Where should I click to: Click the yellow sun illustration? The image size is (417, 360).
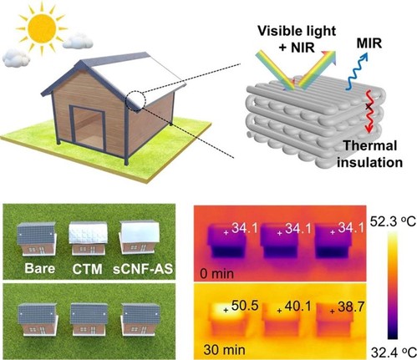41,28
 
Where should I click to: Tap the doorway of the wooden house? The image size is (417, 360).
88,126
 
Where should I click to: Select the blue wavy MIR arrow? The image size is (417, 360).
357,71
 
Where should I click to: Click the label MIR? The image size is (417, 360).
369,43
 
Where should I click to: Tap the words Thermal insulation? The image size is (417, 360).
369,154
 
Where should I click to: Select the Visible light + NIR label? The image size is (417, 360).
297,39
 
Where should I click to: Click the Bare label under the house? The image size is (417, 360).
39,268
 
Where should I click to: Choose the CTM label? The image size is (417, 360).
87,269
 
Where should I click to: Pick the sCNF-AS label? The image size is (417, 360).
143,269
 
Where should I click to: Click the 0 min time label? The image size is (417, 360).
217,274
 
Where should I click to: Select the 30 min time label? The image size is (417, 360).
224,349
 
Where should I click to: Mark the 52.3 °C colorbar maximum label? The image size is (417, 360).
393,221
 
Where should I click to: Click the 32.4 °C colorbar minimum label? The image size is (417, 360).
394,352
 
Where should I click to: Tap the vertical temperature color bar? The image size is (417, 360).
393,286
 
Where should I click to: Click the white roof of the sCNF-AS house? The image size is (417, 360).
140,231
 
